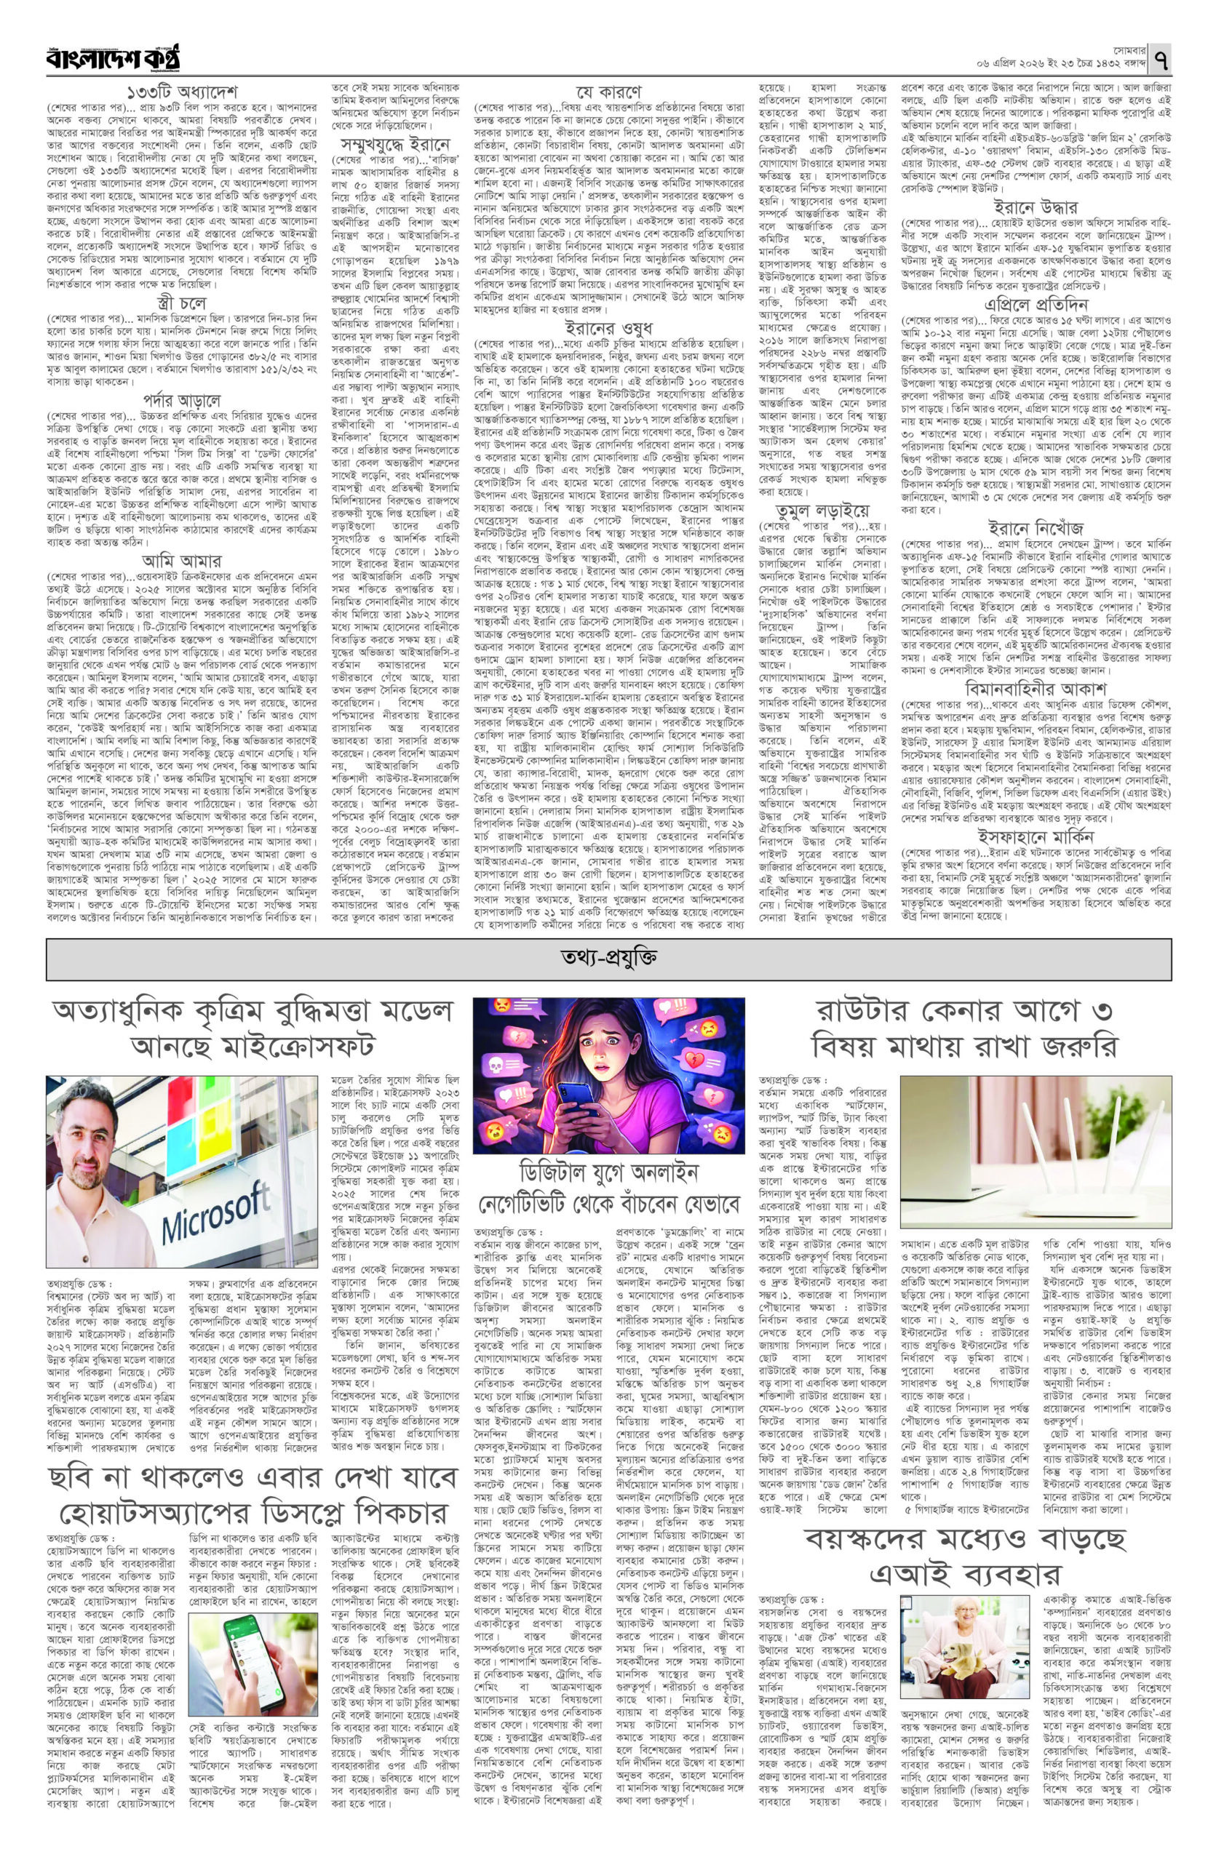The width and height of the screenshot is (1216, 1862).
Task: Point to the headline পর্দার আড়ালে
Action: point(181,401)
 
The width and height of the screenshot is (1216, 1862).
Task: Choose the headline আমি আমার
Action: point(181,559)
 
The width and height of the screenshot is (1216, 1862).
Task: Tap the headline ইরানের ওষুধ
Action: point(607,327)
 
